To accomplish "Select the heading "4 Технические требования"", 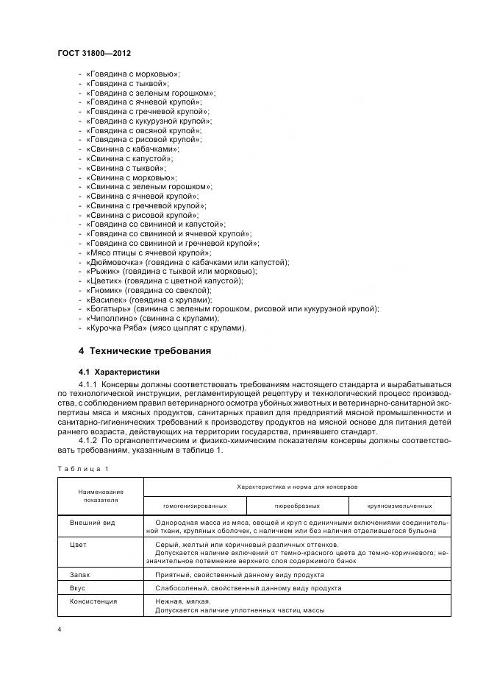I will (145, 350).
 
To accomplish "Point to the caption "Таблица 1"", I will (83, 468).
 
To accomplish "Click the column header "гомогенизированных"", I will (195, 506).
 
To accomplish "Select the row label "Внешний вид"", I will (93, 521).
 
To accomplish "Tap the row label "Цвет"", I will (78, 545).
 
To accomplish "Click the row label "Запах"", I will (80, 575).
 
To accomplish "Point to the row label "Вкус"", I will (78, 589).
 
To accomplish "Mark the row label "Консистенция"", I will (96, 601).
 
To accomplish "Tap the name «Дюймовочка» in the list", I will (112, 262).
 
